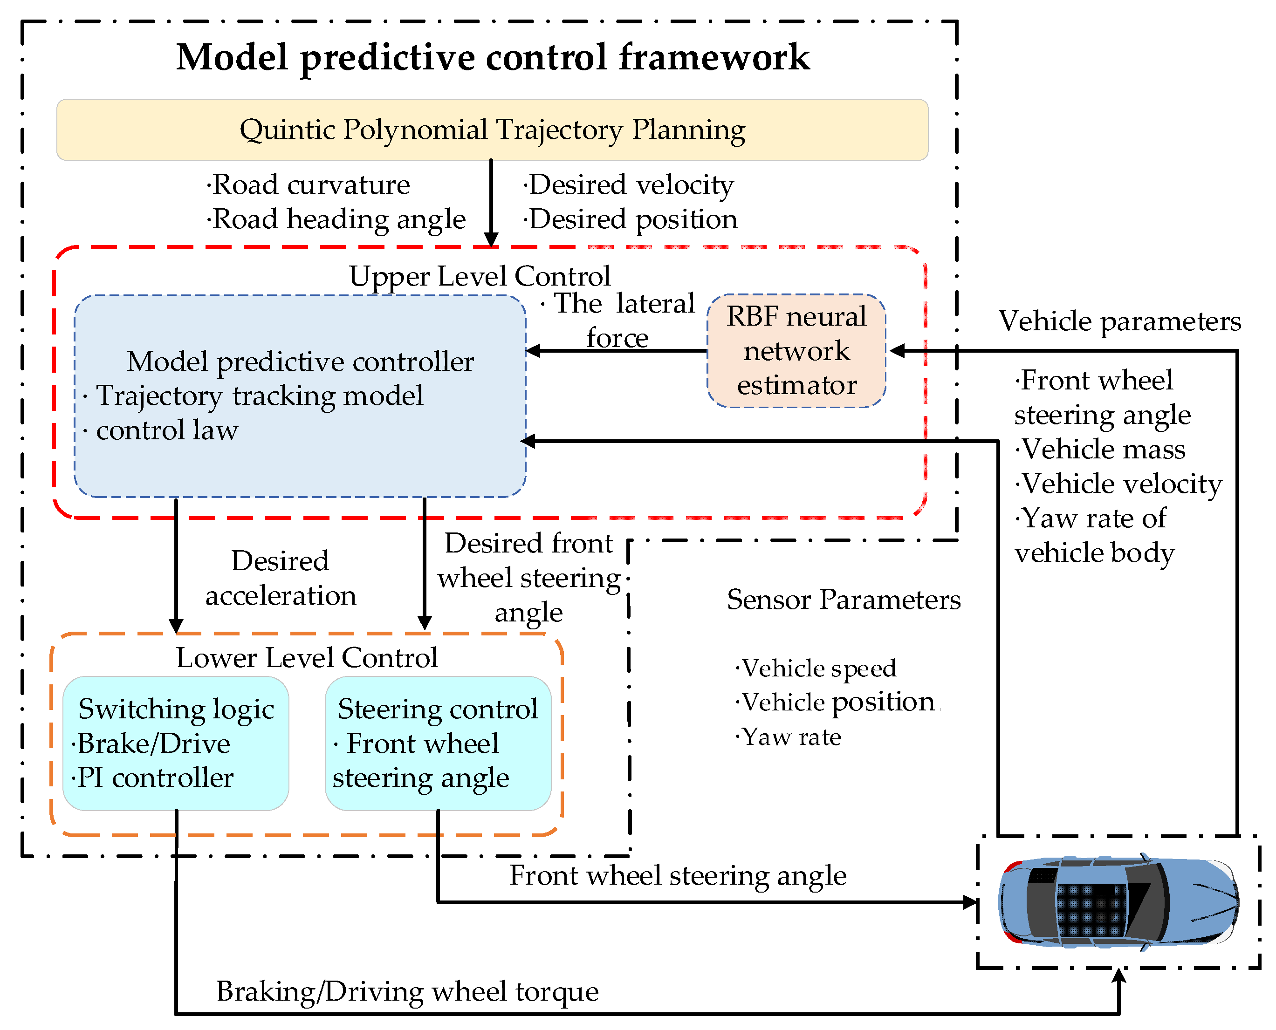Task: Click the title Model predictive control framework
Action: click(493, 58)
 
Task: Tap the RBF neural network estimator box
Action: click(796, 351)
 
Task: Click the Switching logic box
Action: click(176, 743)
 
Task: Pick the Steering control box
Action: click(438, 743)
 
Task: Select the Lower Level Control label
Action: click(306, 657)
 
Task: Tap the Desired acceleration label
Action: click(280, 578)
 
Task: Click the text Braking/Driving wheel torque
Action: click(407, 991)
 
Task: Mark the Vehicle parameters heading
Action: click(1119, 321)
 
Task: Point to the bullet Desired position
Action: click(631, 219)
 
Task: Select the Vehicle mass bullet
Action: click(1101, 449)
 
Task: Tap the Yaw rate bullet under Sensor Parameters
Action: click(789, 737)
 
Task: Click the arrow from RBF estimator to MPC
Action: click(617, 351)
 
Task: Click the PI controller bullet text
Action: click(154, 778)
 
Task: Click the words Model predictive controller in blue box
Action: click(300, 362)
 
